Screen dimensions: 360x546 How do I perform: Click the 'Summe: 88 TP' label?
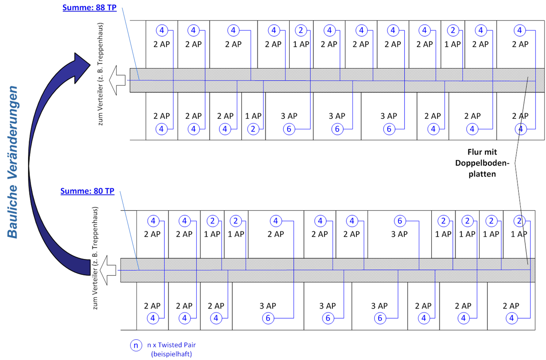click(x=89, y=7)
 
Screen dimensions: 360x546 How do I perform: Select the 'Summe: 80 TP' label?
click(x=87, y=191)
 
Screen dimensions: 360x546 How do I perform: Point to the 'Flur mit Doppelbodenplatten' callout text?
click(x=482, y=163)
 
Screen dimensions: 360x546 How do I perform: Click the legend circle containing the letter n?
click(x=136, y=345)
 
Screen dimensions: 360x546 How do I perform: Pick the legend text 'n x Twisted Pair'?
click(x=171, y=345)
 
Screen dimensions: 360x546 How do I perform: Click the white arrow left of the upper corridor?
click(x=117, y=80)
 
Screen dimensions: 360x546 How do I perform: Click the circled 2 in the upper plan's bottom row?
click(x=253, y=129)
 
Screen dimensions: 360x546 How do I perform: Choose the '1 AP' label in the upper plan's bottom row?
click(x=253, y=116)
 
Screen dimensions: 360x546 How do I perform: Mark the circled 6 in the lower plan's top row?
click(x=399, y=221)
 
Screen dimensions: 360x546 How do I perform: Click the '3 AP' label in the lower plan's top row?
click(x=399, y=234)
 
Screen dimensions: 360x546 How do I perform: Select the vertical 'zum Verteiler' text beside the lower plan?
click(x=95, y=258)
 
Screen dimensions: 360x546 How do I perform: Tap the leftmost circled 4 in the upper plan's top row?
click(x=162, y=30)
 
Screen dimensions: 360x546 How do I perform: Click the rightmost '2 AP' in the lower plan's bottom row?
click(x=511, y=306)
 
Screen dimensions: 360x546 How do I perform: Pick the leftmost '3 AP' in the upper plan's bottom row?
click(x=289, y=116)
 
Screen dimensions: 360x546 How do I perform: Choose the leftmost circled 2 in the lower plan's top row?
click(x=213, y=221)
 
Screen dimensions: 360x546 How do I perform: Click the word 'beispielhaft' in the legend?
click(x=171, y=354)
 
